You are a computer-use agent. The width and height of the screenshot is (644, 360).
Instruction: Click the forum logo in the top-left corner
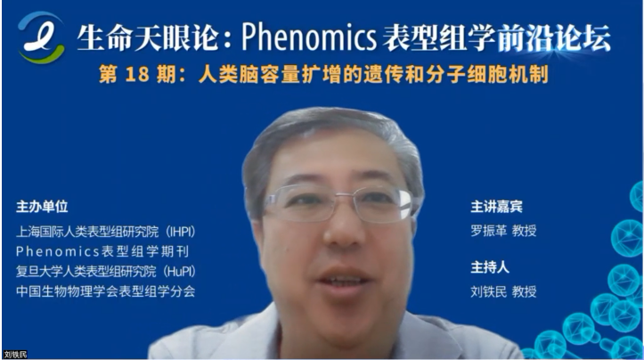pos(41,37)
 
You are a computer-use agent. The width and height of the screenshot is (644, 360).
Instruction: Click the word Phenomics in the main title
pos(309,37)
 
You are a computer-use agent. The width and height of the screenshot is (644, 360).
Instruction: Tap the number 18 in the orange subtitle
pos(137,75)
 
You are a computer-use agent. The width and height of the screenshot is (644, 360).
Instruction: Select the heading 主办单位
pos(42,207)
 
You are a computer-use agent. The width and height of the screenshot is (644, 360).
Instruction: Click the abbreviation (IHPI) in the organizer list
pos(181,232)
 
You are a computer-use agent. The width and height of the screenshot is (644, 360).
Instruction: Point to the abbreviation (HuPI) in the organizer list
pos(179,271)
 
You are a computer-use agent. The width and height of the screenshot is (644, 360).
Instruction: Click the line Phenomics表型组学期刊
pos(102,251)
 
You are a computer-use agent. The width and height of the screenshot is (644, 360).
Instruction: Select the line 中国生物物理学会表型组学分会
pos(106,291)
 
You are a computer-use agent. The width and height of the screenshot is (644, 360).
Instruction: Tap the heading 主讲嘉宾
pos(496,207)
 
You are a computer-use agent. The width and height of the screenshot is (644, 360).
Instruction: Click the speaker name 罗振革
pos(489,231)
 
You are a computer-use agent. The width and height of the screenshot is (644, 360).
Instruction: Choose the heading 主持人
pos(490,267)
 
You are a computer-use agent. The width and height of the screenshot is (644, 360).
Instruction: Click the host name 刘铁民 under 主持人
pos(489,291)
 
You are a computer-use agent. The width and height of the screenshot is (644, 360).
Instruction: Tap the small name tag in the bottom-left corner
pos(15,355)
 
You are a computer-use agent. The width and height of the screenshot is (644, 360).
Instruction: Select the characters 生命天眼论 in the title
pos(147,37)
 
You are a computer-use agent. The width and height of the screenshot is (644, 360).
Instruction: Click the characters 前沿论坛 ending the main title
pos(554,37)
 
